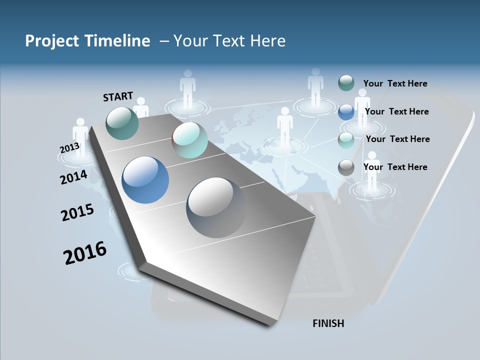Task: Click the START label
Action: point(118,96)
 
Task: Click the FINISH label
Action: point(328,323)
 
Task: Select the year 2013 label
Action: point(69,148)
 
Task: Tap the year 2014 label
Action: point(73,177)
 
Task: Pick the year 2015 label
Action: point(77,212)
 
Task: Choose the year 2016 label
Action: point(85,252)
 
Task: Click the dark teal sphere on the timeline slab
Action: point(122,123)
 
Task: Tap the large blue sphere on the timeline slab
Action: point(145,180)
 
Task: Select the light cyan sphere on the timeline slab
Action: point(189,140)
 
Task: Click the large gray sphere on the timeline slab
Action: point(216,207)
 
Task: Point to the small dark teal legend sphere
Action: point(346,83)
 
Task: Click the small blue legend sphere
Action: point(346,111)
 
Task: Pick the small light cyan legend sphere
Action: point(346,140)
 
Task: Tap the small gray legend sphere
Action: point(346,167)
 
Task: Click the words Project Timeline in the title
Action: point(87,41)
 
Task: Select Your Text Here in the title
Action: point(229,41)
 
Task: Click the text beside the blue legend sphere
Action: point(396,111)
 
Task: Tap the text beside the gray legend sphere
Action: point(395,167)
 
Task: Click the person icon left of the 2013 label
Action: point(80,135)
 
